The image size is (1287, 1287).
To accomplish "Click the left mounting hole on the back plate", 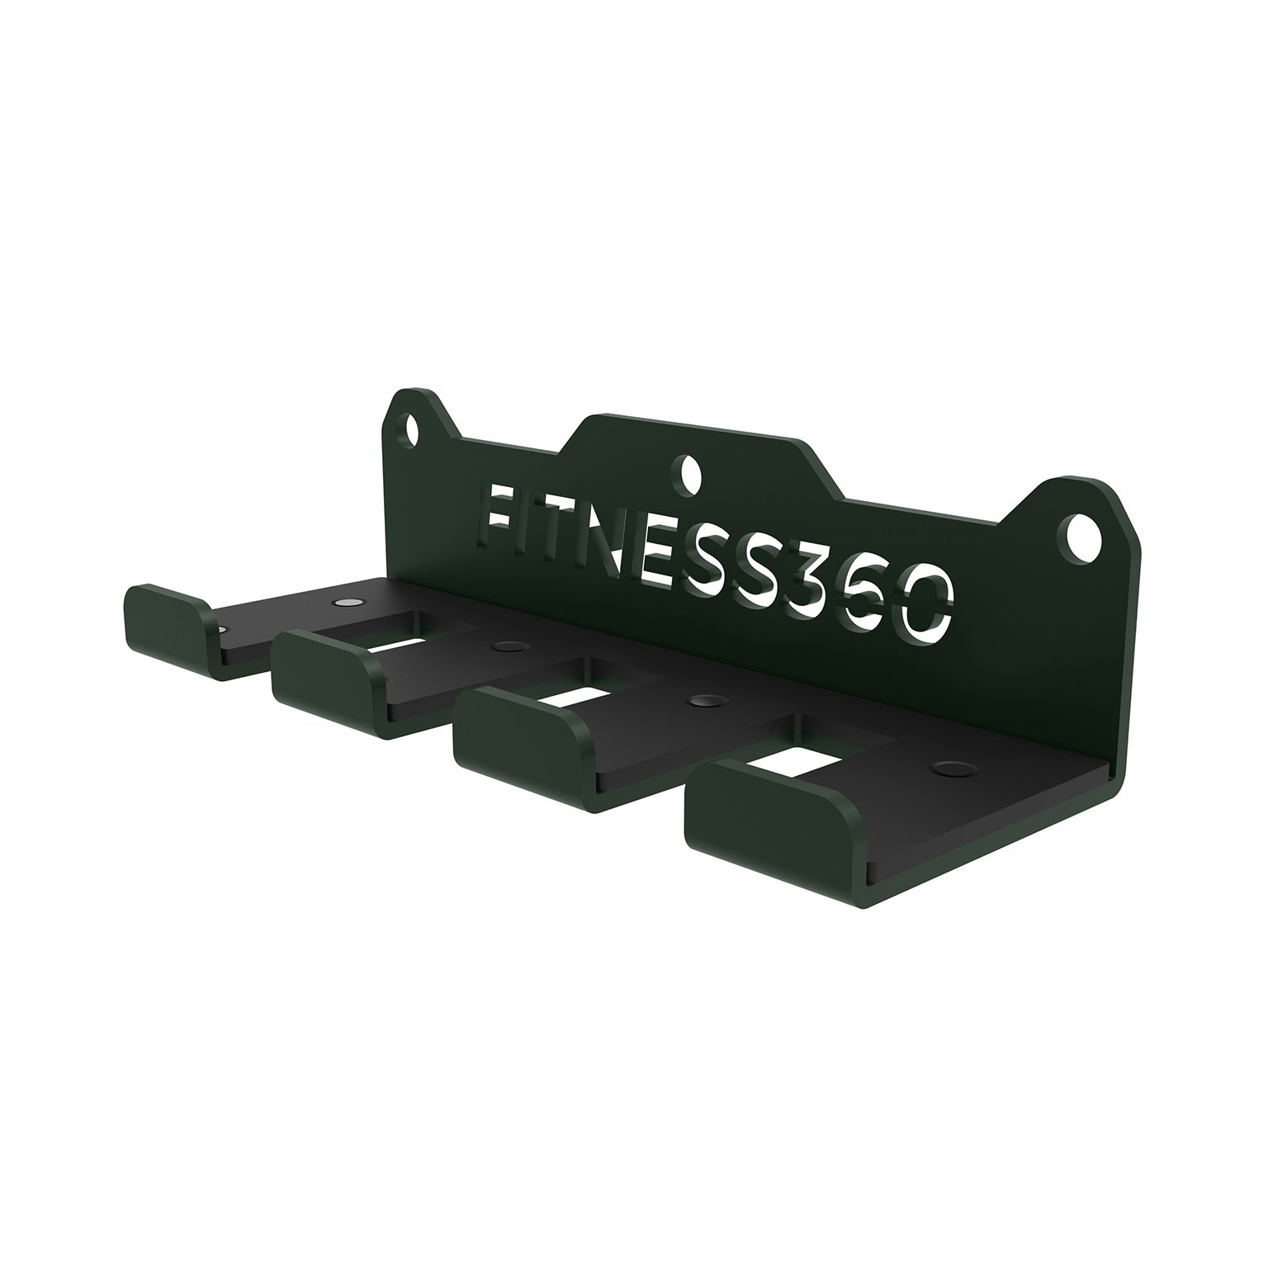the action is point(414,429).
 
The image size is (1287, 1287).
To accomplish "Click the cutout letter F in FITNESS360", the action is point(504,517).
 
